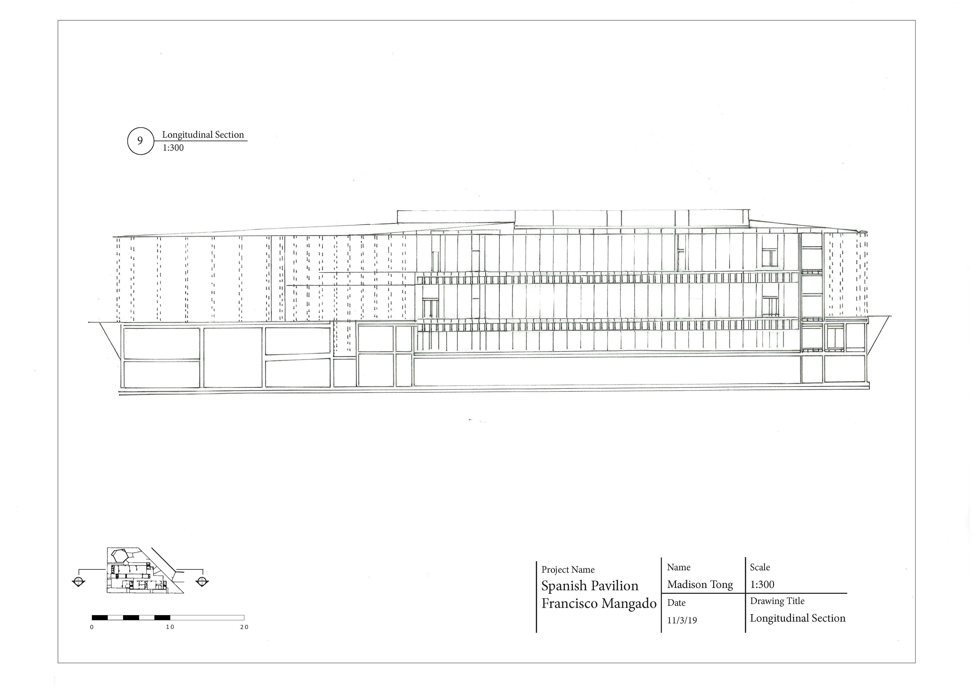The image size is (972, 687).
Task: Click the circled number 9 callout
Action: (x=140, y=141)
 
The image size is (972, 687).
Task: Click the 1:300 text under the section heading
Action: (x=173, y=148)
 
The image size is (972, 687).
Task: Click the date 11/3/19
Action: (x=682, y=620)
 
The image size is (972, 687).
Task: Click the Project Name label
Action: (x=568, y=570)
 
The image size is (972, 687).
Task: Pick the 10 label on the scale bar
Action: (x=170, y=627)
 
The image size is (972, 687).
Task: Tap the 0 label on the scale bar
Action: (x=92, y=627)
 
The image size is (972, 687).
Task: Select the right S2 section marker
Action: (x=202, y=581)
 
